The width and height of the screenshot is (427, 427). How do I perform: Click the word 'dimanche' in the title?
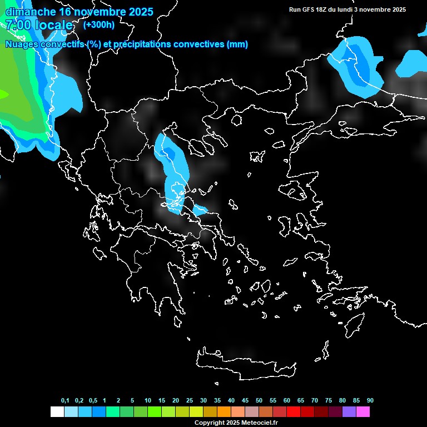coord(31,12)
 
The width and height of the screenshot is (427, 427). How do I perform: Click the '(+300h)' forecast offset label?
coord(98,24)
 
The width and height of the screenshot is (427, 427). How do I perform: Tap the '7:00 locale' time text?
coord(39,25)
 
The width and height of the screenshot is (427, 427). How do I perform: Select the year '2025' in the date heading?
coord(137,12)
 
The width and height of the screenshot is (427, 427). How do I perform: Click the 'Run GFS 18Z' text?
coord(309,9)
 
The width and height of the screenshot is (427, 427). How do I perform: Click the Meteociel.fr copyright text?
coord(236,423)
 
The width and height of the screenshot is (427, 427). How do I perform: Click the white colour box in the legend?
coord(57,412)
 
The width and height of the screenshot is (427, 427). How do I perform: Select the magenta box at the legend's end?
coord(363,412)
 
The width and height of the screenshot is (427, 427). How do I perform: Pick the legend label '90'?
coord(370,401)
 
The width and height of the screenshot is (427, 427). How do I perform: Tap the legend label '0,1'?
coord(65,401)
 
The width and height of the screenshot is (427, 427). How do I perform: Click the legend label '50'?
coord(259,401)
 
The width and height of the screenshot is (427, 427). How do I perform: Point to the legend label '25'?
coord(190,401)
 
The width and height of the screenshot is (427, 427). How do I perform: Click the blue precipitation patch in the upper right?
coord(356,64)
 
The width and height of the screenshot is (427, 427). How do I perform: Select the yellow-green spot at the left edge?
coord(3,94)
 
